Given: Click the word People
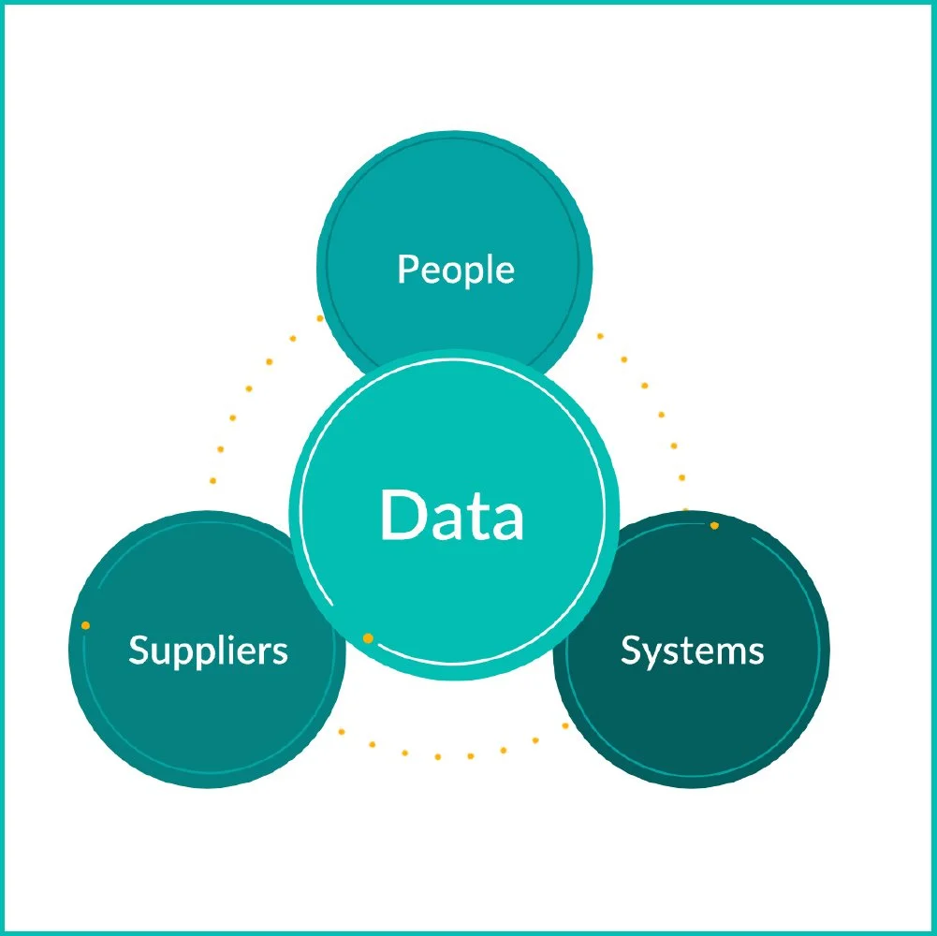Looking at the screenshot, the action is coord(456,270).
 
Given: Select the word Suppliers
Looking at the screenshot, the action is coord(208,650).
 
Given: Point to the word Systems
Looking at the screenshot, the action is coord(692,650).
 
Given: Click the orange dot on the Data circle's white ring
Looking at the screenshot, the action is coord(368,638).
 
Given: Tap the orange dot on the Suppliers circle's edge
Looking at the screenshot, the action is coord(85,625).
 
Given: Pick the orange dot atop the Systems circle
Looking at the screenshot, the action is coord(714,526).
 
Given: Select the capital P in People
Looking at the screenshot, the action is coord(406,270).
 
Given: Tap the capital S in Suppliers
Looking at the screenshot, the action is coord(138,650).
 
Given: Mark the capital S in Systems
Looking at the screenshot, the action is coord(630,650).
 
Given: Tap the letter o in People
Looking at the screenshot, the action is coord(452,272).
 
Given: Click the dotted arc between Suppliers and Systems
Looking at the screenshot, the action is coord(437,754).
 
